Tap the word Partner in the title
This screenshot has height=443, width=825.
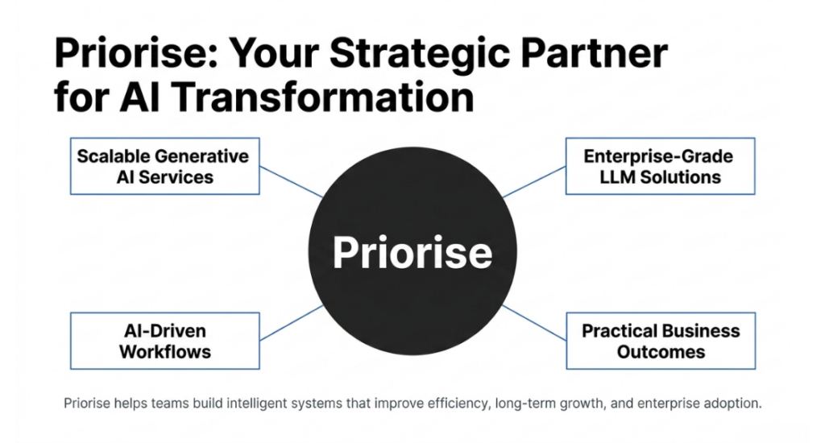(595, 52)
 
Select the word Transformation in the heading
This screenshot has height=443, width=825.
(322, 97)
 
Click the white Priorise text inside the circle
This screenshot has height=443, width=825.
(412, 253)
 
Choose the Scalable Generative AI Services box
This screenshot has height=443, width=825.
(164, 166)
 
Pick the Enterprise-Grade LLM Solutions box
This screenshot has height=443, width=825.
(661, 166)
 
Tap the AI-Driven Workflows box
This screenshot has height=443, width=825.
(164, 341)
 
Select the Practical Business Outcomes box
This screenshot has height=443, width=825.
(661, 341)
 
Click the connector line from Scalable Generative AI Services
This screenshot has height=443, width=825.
(292, 182)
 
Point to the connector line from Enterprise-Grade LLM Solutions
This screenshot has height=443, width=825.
(534, 182)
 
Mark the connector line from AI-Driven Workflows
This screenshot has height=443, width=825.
(292, 323)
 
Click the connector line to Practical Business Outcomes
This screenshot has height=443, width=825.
(535, 323)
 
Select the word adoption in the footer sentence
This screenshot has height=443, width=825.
(732, 404)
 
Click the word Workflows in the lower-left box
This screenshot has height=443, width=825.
(165, 352)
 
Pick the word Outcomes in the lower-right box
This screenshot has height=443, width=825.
(661, 352)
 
